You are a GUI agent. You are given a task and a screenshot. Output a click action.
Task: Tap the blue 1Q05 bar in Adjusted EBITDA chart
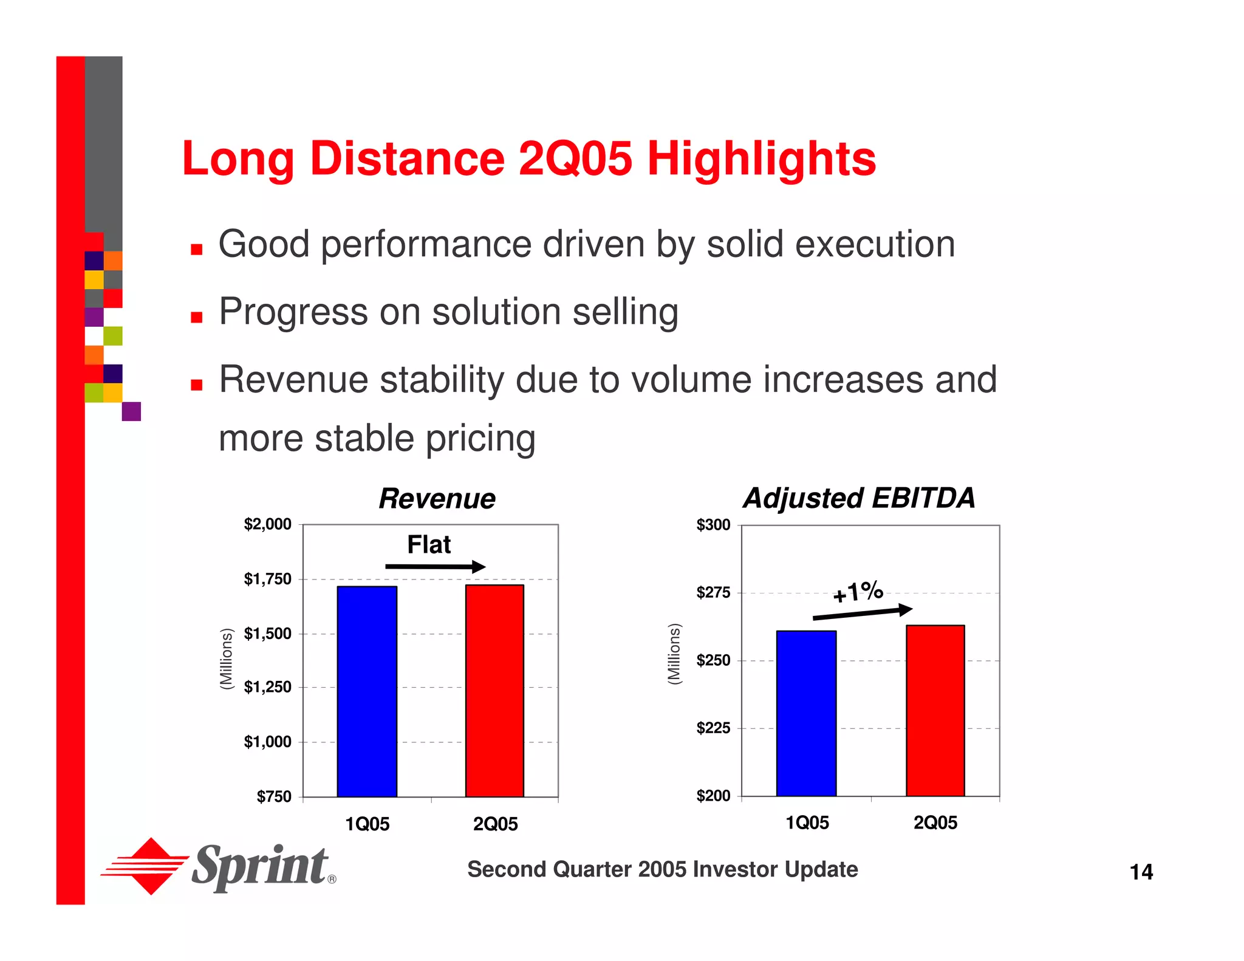pyautogui.click(x=806, y=713)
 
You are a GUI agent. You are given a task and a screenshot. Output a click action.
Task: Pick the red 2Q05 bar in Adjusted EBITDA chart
pyautogui.click(x=935, y=710)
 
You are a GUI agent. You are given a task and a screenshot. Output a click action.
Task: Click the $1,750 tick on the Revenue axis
pyautogui.click(x=268, y=579)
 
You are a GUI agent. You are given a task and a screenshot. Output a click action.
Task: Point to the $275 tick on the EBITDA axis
pyautogui.click(x=714, y=592)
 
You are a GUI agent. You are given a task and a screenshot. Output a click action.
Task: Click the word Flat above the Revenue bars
pyautogui.click(x=429, y=544)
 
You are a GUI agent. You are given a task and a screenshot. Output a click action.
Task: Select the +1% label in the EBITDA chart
pyautogui.click(x=858, y=592)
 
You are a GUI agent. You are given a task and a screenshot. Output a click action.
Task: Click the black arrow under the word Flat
pyautogui.click(x=435, y=567)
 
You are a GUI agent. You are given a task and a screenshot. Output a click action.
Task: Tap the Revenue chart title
pyautogui.click(x=437, y=499)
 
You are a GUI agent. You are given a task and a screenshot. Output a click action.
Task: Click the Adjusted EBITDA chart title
pyautogui.click(x=859, y=498)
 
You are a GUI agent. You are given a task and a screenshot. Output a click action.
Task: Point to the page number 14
pyautogui.click(x=1141, y=872)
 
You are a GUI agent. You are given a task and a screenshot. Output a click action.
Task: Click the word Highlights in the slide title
pyautogui.click(x=762, y=159)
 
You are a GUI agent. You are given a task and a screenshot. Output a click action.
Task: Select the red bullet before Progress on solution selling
pyautogui.click(x=196, y=316)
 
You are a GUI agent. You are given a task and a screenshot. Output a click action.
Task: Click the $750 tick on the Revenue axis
pyautogui.click(x=274, y=796)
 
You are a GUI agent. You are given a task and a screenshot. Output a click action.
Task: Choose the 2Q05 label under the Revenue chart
pyautogui.click(x=495, y=824)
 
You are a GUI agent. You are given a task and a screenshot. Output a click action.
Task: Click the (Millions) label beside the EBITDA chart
pyautogui.click(x=674, y=654)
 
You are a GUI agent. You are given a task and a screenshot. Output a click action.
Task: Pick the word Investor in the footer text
pyautogui.click(x=735, y=869)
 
